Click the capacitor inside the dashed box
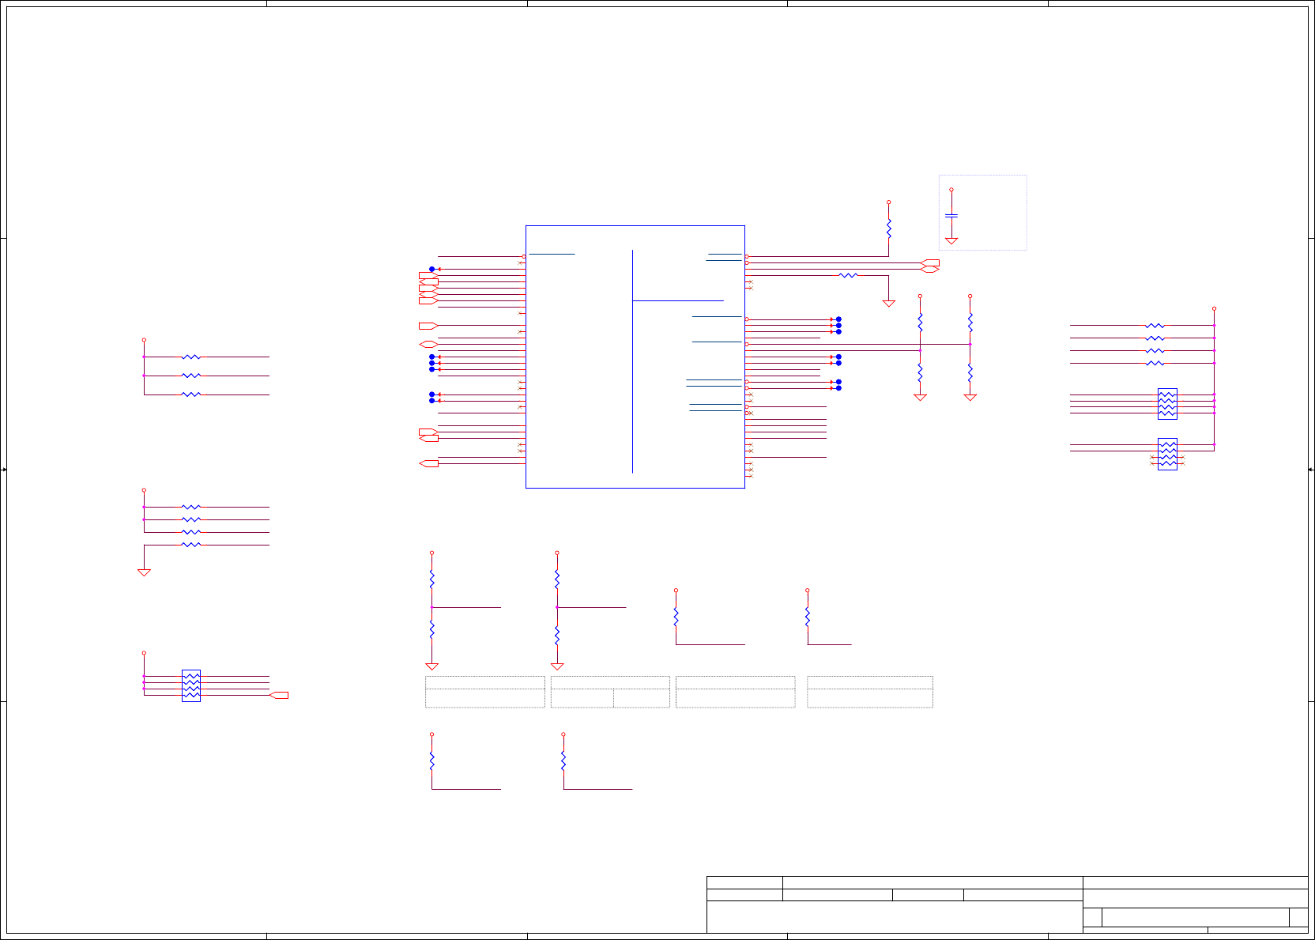click(951, 215)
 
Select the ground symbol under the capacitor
click(951, 240)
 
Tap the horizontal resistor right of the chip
click(848, 275)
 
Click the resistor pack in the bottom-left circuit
click(191, 685)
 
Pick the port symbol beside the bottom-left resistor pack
click(279, 695)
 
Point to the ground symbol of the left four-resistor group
click(144, 572)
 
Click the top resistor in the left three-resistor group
click(191, 357)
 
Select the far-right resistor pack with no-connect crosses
click(1167, 454)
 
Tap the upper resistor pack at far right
click(1167, 404)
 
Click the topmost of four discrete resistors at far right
click(1155, 326)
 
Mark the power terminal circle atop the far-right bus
click(1214, 309)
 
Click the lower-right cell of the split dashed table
click(642, 698)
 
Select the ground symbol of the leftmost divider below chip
click(431, 666)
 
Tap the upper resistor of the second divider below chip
click(557, 579)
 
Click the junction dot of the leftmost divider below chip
click(431, 607)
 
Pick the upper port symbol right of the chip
click(931, 262)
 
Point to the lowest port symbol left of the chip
click(429, 463)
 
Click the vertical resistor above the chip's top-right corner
click(889, 229)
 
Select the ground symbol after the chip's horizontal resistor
click(889, 304)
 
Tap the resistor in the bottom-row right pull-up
click(563, 761)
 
